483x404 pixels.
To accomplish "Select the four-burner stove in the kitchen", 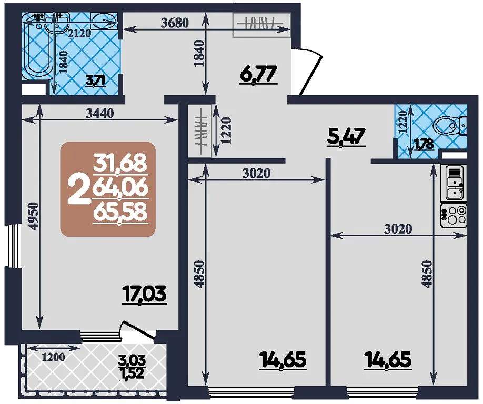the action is pyautogui.click(x=454, y=215).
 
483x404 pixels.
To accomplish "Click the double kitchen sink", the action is pyautogui.click(x=454, y=183).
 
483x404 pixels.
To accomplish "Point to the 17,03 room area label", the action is pyautogui.click(x=145, y=294).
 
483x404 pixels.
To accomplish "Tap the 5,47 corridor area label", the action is pyautogui.click(x=346, y=137).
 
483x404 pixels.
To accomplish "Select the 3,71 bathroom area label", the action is pyautogui.click(x=96, y=82).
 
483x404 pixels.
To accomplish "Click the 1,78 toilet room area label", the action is pyautogui.click(x=424, y=144).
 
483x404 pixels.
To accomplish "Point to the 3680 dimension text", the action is pyautogui.click(x=175, y=23).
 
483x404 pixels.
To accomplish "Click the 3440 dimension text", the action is pyautogui.click(x=99, y=114).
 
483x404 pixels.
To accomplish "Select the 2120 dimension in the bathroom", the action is pyautogui.click(x=79, y=33).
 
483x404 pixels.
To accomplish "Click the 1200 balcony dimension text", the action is pyautogui.click(x=53, y=357).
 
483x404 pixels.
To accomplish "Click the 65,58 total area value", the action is pyautogui.click(x=120, y=212).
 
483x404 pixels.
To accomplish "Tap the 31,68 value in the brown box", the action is pyautogui.click(x=120, y=163).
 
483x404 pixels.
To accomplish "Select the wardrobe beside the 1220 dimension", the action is pyautogui.click(x=200, y=132).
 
